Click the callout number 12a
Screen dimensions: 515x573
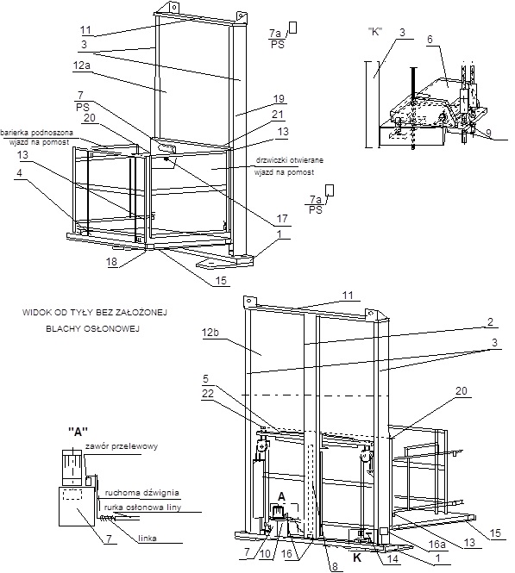click(x=82, y=66)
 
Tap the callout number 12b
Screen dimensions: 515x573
click(x=210, y=333)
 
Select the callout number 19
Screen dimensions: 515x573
click(x=279, y=99)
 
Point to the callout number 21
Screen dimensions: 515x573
click(x=278, y=115)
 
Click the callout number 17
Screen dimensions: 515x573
click(x=282, y=219)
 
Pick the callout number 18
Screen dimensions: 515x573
click(x=112, y=262)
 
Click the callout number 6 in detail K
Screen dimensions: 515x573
click(x=430, y=39)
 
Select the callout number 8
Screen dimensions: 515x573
click(x=336, y=566)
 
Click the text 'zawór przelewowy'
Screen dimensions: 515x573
click(x=122, y=446)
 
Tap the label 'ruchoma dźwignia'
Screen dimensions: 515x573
click(x=142, y=493)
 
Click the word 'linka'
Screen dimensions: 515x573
click(x=148, y=538)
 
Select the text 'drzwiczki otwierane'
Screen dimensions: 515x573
click(x=289, y=160)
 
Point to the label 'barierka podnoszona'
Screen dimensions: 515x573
click(x=36, y=133)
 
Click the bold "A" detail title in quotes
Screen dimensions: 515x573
click(x=79, y=432)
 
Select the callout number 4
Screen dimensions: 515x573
click(x=19, y=172)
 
